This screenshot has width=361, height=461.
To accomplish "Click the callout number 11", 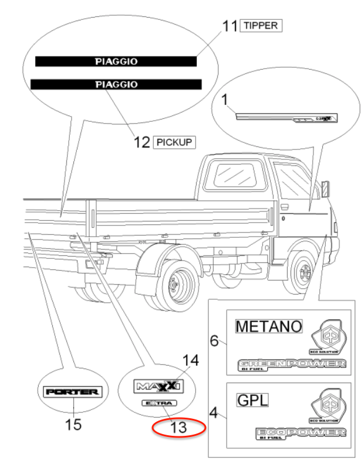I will point(229,26).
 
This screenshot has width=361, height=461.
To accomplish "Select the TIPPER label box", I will point(261,25).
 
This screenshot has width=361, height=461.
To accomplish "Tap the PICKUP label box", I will point(174,142).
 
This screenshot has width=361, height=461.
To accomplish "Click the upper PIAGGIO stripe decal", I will point(116,61).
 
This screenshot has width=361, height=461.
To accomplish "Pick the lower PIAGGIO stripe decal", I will point(116,84).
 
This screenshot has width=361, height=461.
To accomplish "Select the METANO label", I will point(269,326).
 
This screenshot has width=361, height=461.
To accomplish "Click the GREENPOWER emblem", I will point(292,365).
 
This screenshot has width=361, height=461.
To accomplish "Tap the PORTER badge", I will point(73,391).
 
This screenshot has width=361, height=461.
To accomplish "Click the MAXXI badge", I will point(159,385).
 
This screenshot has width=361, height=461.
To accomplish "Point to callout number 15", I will point(73,424).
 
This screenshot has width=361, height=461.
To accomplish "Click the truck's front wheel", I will point(303,271).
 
